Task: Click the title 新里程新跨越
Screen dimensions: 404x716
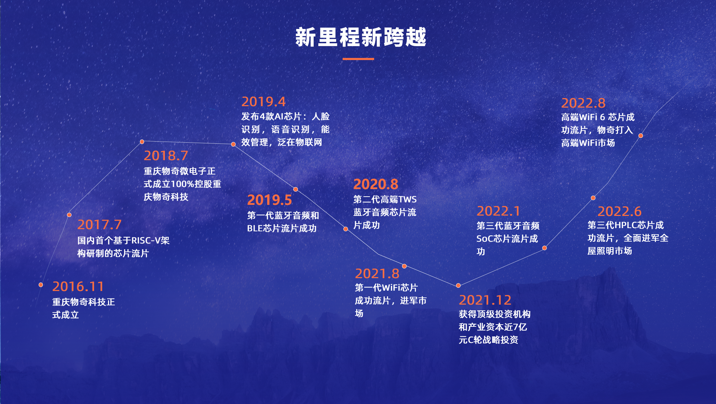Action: (361, 38)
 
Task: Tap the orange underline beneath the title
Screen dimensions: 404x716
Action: (358, 59)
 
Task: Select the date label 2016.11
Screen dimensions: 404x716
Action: (78, 286)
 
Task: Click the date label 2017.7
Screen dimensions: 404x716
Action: (99, 225)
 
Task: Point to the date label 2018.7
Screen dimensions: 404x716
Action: (166, 156)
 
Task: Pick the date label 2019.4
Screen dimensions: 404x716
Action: (264, 102)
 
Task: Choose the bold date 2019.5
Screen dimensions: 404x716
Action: (269, 200)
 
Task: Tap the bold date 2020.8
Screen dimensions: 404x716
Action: (376, 184)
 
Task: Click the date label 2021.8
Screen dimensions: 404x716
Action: (377, 274)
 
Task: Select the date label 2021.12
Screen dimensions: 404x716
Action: (485, 300)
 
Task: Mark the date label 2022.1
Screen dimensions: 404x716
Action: (498, 211)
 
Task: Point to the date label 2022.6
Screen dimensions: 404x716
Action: (619, 211)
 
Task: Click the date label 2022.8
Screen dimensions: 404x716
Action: (583, 103)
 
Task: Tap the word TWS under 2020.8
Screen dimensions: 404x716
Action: (407, 199)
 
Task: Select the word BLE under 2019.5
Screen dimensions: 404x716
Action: (255, 228)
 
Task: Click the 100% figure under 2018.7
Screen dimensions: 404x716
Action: (182, 184)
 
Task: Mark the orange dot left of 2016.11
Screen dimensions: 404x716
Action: (41, 285)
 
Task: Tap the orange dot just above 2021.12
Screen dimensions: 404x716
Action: (458, 285)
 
